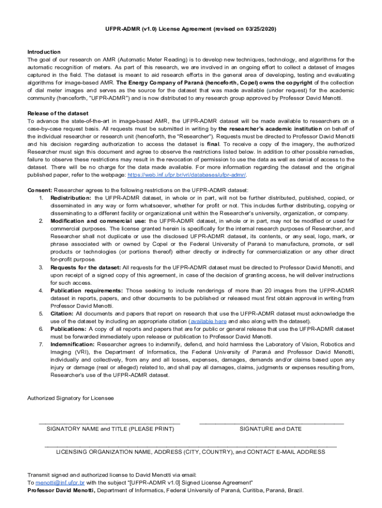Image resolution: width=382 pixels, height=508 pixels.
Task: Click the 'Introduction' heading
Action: pos(44,52)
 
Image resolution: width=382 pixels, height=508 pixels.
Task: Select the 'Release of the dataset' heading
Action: pos(58,114)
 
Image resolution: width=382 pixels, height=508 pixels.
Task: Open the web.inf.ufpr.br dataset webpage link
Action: pos(187,175)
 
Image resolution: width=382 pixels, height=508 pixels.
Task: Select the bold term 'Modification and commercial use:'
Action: pos(98,221)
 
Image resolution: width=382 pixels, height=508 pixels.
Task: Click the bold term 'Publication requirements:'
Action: pos(87,290)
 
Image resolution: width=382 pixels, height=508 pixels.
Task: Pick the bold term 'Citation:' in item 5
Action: pos(62,314)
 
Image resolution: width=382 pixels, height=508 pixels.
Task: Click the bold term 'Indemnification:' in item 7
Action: pos(73,344)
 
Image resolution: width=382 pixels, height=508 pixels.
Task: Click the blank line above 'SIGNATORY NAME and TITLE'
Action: pos(110,422)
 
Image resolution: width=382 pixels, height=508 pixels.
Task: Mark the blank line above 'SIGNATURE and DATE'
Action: pos(271,422)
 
